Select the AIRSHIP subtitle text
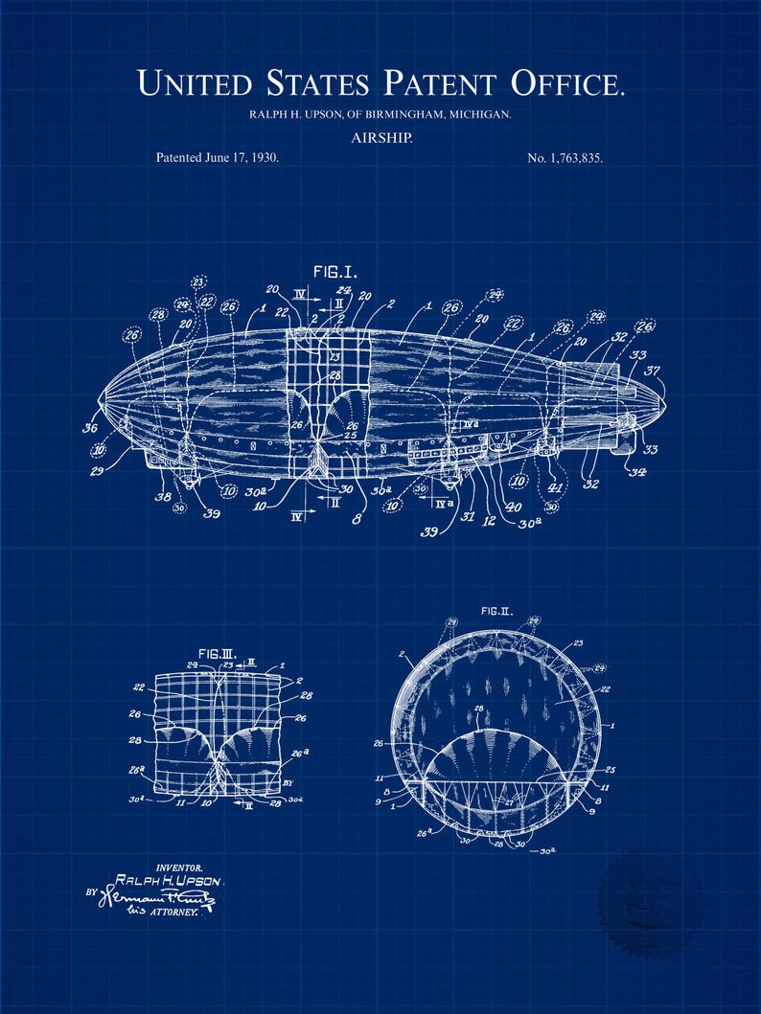pos(380,138)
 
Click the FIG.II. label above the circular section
pos(496,610)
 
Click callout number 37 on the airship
pos(652,371)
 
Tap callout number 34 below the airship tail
pos(634,470)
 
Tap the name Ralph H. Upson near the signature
pos(168,880)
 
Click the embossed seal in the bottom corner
pos(648,897)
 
